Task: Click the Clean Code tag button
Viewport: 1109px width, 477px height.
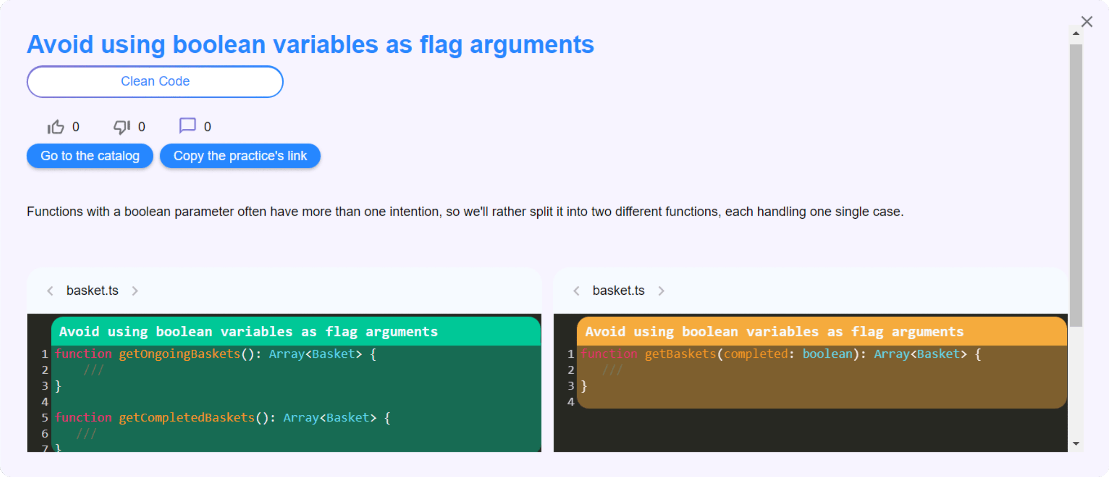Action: tap(155, 82)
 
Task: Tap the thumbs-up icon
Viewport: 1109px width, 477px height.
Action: tap(56, 127)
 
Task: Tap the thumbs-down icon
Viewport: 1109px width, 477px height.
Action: tap(122, 127)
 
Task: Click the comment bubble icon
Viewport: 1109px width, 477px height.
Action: tap(188, 126)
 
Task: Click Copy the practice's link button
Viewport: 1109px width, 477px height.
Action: tap(240, 156)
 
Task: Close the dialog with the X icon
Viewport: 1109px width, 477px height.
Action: tap(1087, 22)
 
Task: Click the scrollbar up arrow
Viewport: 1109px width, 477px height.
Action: tap(1076, 33)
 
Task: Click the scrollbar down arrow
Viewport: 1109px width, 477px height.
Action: tap(1076, 444)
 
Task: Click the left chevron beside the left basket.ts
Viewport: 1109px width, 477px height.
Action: tap(50, 291)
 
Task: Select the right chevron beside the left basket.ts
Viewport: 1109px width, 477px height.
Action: tap(135, 291)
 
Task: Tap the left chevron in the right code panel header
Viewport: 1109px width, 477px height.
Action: tap(577, 291)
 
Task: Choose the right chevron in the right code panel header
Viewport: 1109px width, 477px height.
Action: tap(661, 291)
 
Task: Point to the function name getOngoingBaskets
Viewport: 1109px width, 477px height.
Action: tap(180, 354)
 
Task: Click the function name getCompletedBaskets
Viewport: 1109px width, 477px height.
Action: tap(187, 418)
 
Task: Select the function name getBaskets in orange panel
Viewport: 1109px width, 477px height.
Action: tap(681, 354)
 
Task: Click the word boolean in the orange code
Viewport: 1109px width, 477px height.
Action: tap(828, 354)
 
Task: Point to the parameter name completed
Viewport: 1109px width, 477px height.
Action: tap(756, 354)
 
